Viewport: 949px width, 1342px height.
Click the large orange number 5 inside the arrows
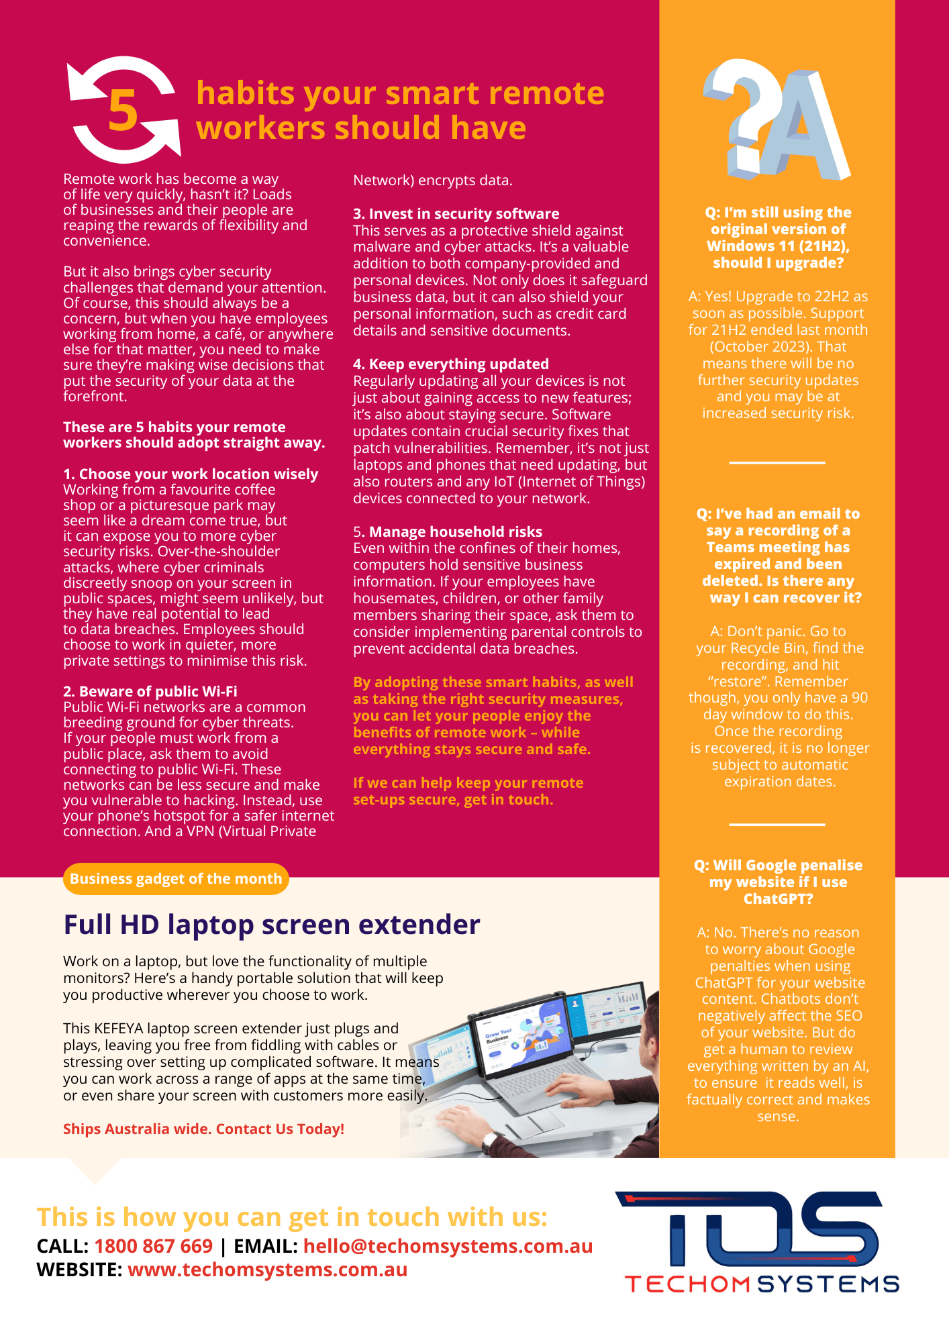pyautogui.click(x=123, y=111)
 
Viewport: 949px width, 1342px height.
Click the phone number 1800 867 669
pyautogui.click(x=153, y=1246)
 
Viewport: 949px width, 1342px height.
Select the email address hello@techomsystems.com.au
pyautogui.click(x=448, y=1246)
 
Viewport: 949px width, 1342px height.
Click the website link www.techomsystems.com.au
pyautogui.click(x=267, y=1270)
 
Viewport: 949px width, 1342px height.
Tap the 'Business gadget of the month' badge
pyautogui.click(x=176, y=879)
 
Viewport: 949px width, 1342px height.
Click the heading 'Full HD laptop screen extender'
pyautogui.click(x=272, y=925)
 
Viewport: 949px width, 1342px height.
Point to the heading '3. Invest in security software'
pyautogui.click(x=456, y=213)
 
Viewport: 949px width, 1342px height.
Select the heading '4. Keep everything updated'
pyautogui.click(x=450, y=364)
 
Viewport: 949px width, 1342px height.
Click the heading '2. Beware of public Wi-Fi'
pyautogui.click(x=150, y=691)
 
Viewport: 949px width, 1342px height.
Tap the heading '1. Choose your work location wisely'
pyautogui.click(x=191, y=474)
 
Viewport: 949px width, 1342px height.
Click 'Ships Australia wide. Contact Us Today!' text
pyautogui.click(x=203, y=1129)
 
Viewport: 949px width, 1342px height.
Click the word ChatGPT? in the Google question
pyautogui.click(x=778, y=899)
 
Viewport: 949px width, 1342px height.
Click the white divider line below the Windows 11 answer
pyautogui.click(x=777, y=463)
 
